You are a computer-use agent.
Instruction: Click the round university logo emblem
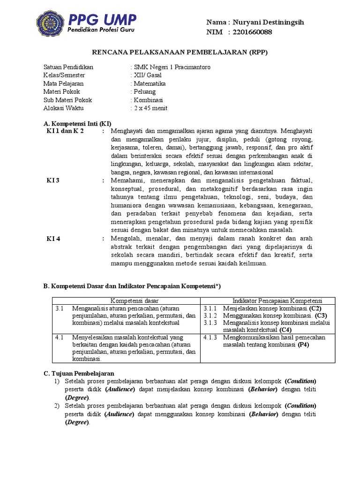pyautogui.click(x=51, y=25)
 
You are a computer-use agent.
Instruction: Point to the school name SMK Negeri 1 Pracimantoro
pyautogui.click(x=172, y=67)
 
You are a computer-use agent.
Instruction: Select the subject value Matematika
pyautogui.click(x=150, y=83)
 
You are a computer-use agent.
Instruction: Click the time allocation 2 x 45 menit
pyautogui.click(x=150, y=108)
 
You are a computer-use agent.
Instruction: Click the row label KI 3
pyautogui.click(x=53, y=180)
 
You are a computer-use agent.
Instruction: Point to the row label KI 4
pyautogui.click(x=53, y=239)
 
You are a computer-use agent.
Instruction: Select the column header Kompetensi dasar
pyautogui.click(x=135, y=300)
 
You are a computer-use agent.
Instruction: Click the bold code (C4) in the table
pyautogui.click(x=279, y=330)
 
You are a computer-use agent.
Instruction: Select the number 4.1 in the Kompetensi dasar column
pyautogui.click(x=59, y=337)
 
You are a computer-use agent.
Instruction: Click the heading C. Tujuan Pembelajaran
pyautogui.click(x=79, y=373)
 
